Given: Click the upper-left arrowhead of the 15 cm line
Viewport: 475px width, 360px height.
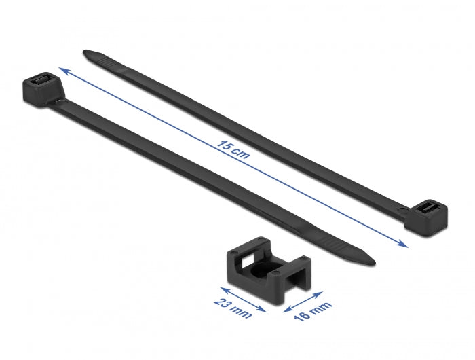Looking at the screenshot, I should [x=62, y=69].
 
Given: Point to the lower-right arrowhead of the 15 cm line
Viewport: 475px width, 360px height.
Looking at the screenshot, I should [x=405, y=246].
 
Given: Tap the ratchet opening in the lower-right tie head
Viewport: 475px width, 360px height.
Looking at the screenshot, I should [x=428, y=208].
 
